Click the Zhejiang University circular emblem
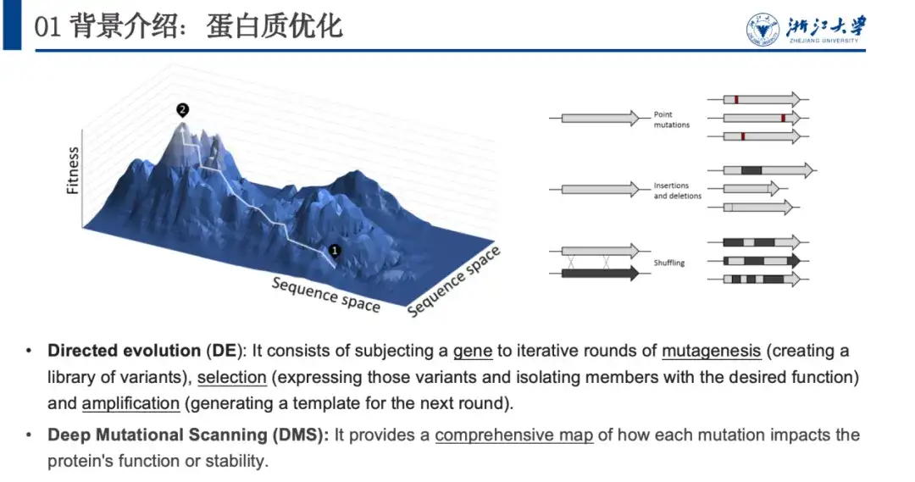[762, 29]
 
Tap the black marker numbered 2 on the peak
[183, 110]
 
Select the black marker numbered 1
[335, 251]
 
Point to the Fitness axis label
[72, 169]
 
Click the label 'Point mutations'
[671, 119]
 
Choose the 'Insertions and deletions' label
[677, 191]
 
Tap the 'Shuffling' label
[668, 263]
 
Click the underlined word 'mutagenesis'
[711, 351]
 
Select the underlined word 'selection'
[231, 377]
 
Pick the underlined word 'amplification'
[130, 403]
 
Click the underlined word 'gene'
[473, 352]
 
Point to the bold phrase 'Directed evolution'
[125, 350]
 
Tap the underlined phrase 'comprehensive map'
[514, 435]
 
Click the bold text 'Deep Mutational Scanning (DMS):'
[188, 435]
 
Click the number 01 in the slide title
[47, 27]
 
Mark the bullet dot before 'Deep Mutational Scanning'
[29, 435]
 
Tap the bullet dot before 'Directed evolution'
[29, 352]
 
